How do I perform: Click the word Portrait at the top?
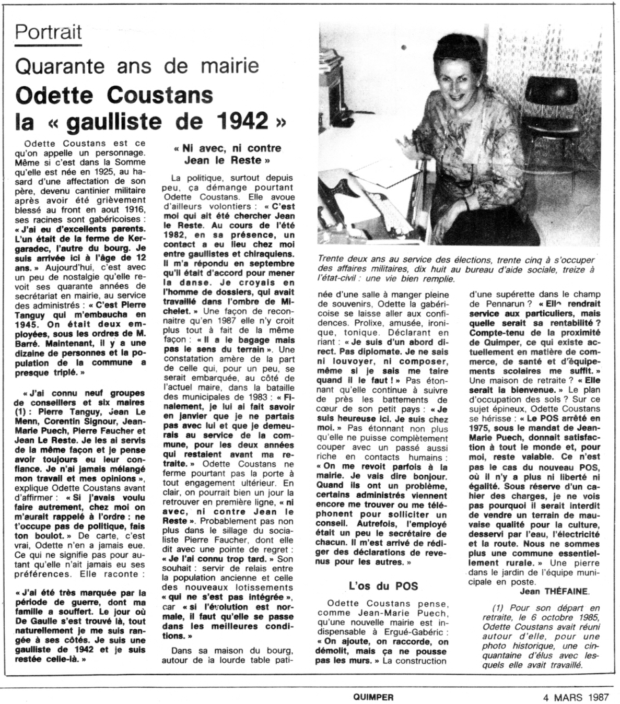pyautogui.click(x=48, y=32)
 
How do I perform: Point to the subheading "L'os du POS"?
pyautogui.click(x=383, y=585)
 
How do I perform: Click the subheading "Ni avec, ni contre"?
pyautogui.click(x=227, y=148)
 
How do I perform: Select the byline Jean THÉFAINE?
pyautogui.click(x=554, y=591)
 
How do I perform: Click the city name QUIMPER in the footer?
pyautogui.click(x=373, y=697)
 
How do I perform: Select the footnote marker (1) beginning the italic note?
pyautogui.click(x=498, y=608)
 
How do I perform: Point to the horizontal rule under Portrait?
pyautogui.click(x=48, y=45)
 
